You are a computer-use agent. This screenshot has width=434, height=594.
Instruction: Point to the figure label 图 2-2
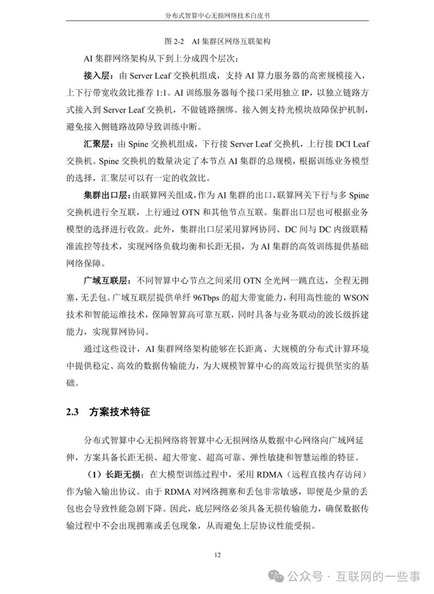175,42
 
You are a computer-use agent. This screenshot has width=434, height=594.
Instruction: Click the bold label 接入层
99,76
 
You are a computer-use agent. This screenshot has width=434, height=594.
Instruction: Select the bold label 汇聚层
99,144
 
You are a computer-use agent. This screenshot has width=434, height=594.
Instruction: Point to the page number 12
217,554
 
